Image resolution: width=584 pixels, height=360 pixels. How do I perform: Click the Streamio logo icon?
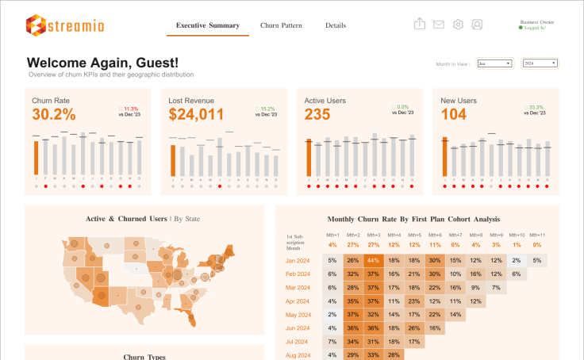click(35, 25)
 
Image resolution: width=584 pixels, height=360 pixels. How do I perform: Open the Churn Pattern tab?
click(281, 25)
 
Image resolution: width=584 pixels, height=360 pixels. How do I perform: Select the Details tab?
click(336, 25)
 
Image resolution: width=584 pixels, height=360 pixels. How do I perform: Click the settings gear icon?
click(458, 25)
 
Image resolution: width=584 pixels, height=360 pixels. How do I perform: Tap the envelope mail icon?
click(439, 25)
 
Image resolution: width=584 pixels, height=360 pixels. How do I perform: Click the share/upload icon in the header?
click(420, 24)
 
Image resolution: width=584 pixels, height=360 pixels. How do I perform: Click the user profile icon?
click(477, 25)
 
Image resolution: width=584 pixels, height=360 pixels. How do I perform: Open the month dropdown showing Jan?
click(496, 63)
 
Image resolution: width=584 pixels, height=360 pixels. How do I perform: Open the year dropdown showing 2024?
click(540, 63)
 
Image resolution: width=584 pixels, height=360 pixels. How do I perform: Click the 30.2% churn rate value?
click(54, 115)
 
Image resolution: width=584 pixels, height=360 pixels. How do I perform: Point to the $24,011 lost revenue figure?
click(197, 115)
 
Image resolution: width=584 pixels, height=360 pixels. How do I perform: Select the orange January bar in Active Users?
click(309, 157)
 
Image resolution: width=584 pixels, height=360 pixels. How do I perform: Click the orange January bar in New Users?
click(444, 157)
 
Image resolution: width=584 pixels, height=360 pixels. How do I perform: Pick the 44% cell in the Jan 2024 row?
click(373, 260)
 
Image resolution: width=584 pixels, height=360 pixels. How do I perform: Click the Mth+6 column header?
click(435, 236)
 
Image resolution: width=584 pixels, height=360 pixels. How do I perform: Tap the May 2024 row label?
click(298, 315)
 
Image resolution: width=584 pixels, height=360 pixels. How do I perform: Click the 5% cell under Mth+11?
click(537, 260)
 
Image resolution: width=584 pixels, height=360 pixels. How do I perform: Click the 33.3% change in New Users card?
click(536, 108)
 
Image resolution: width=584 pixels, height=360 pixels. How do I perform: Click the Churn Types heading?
click(144, 357)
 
